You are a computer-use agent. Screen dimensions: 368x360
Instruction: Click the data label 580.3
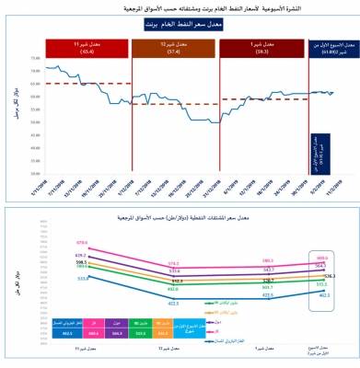(268, 260)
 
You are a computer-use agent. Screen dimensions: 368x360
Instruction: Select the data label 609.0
(321, 258)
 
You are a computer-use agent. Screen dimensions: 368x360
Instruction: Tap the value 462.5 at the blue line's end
(324, 295)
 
